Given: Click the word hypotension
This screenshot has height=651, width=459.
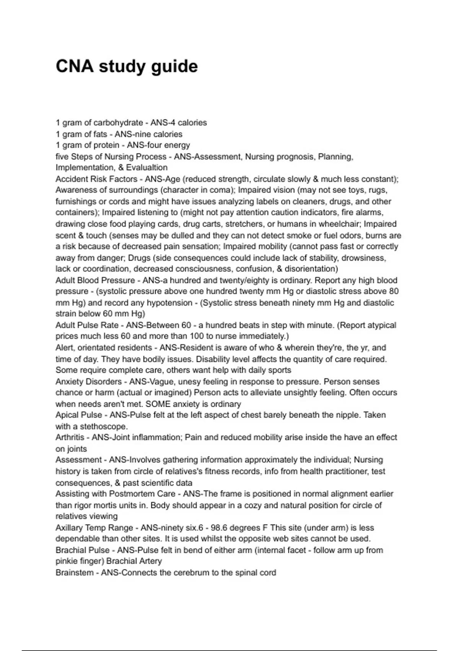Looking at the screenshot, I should [169, 303].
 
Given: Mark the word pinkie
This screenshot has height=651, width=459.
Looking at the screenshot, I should [67, 561].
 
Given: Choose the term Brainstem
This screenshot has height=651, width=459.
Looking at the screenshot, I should [74, 573].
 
